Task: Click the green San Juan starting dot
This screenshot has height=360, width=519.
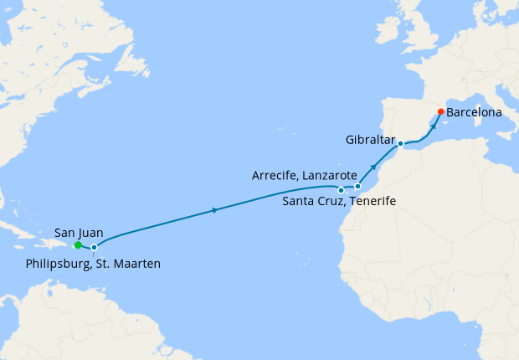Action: (78, 245)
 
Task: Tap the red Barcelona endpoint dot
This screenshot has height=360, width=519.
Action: (441, 112)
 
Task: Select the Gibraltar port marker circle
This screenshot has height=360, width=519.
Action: (401, 144)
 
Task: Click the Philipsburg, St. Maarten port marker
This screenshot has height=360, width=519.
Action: (95, 248)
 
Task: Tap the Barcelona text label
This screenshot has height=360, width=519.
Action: (479, 111)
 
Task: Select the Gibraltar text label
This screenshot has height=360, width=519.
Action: (371, 140)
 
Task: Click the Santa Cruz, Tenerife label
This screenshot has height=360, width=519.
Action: (339, 202)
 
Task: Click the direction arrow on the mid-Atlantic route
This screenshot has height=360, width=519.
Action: (217, 209)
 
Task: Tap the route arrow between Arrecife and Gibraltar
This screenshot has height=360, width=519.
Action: (373, 167)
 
